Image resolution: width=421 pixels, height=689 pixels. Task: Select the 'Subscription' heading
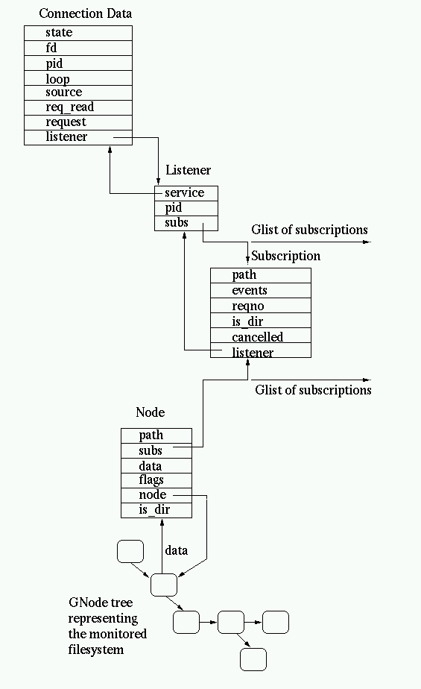(x=285, y=256)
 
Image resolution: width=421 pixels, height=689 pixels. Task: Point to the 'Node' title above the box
(x=150, y=412)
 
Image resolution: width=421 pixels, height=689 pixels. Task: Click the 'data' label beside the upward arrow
(x=177, y=550)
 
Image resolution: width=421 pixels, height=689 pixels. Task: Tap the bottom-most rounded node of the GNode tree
(x=253, y=659)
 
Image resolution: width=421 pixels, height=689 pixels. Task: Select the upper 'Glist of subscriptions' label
(x=309, y=230)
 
